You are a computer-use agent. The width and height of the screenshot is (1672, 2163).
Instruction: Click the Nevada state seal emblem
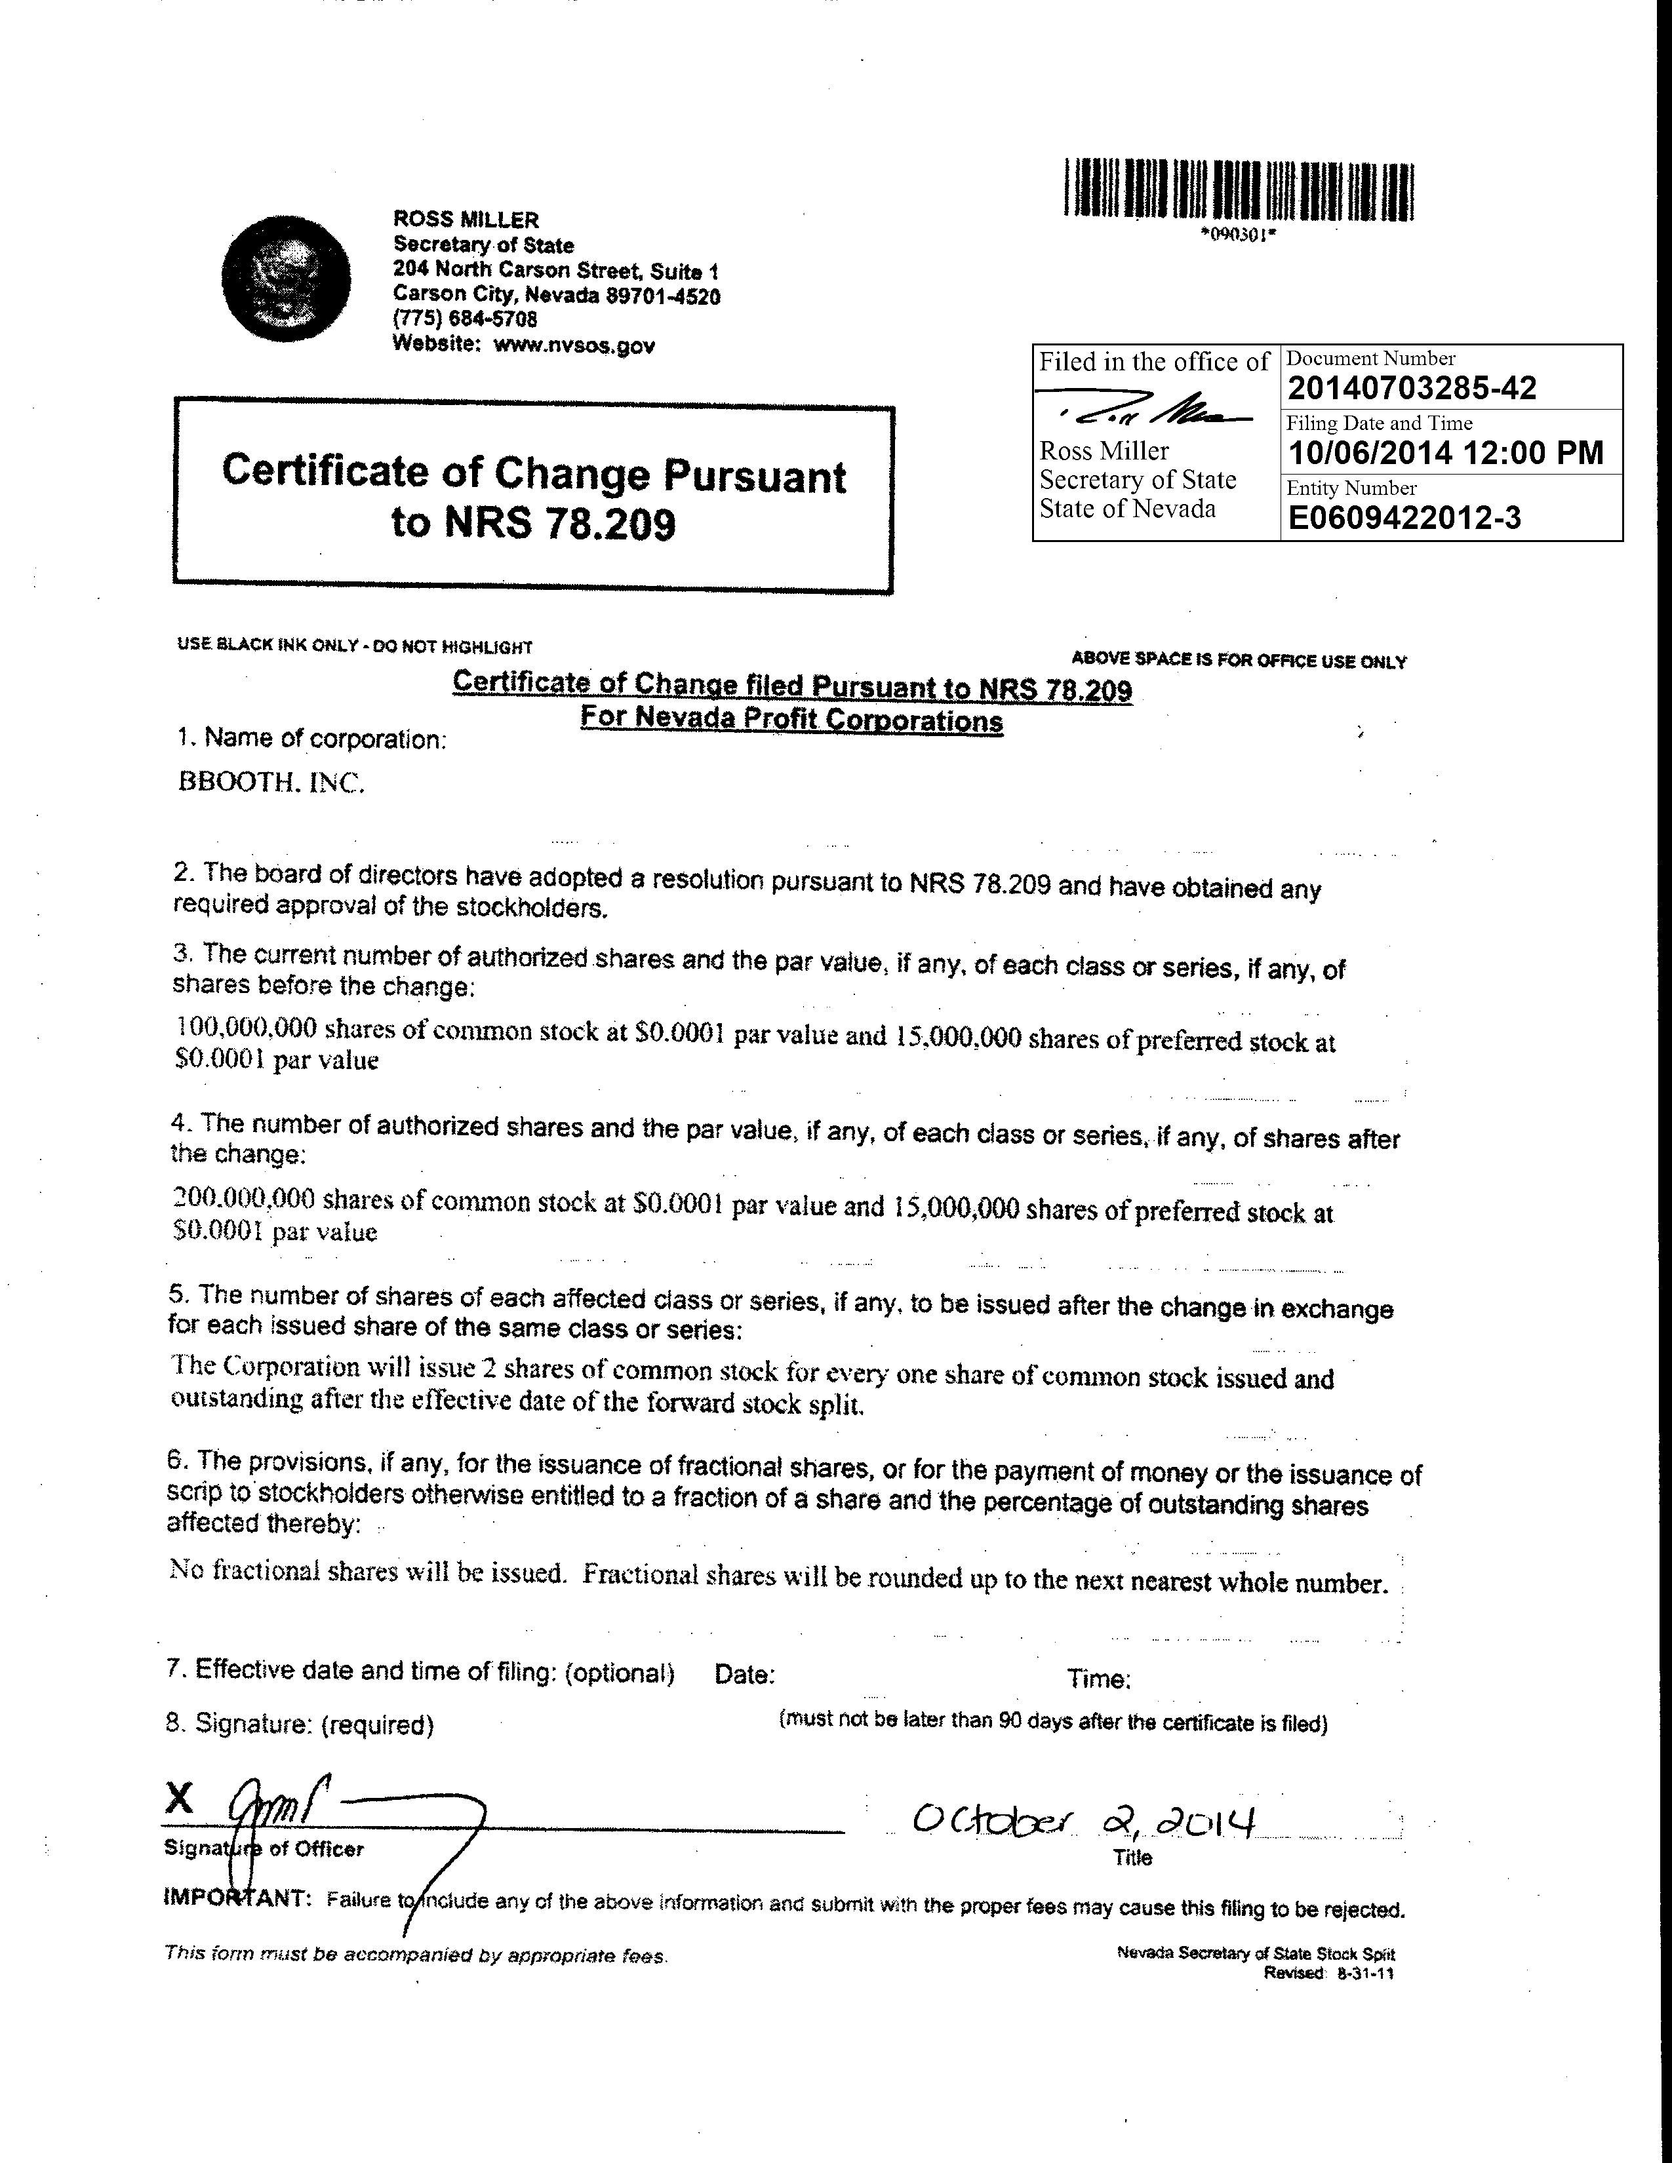(x=287, y=279)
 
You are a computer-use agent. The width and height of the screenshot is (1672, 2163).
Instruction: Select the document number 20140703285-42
(x=1412, y=388)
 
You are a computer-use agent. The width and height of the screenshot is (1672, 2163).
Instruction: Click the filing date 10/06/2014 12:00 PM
(x=1445, y=453)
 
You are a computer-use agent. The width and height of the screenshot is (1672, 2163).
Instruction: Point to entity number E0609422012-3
(x=1404, y=518)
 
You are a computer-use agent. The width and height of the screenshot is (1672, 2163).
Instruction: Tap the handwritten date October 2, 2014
(x=1085, y=1822)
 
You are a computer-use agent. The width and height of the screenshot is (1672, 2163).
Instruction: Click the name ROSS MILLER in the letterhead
(x=466, y=219)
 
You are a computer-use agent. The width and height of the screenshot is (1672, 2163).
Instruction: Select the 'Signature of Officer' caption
(x=264, y=1848)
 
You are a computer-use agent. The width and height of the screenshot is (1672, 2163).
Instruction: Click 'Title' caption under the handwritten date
(x=1132, y=1858)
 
